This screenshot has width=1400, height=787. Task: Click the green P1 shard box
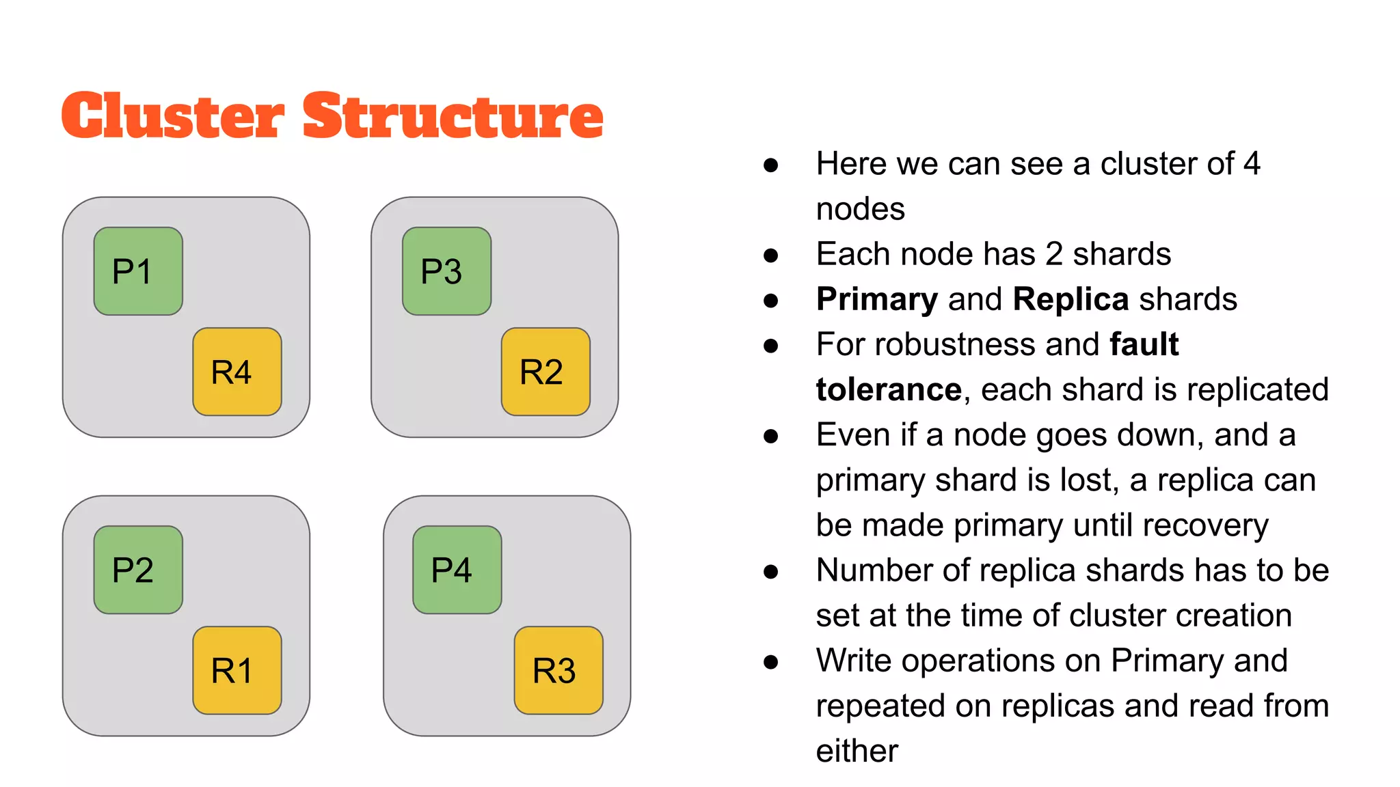(x=138, y=271)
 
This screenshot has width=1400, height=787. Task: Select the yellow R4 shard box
(x=237, y=372)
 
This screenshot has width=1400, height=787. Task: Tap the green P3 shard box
(x=446, y=271)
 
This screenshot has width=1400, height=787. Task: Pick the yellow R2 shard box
(x=546, y=372)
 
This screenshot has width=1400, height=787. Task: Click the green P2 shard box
(x=138, y=570)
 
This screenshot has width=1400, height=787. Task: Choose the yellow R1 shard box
(x=237, y=670)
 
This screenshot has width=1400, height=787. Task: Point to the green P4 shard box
(x=457, y=570)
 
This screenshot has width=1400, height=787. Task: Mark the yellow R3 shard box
(x=558, y=670)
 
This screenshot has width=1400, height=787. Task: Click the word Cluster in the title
(x=172, y=116)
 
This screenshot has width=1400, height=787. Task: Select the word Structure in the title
(x=453, y=116)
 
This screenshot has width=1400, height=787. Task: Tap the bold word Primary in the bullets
(x=877, y=300)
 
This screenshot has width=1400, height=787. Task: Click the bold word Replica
(x=1071, y=300)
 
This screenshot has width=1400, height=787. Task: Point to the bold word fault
(x=1144, y=344)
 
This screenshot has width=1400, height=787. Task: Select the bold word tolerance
(x=889, y=390)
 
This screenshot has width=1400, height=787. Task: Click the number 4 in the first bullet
(x=1252, y=164)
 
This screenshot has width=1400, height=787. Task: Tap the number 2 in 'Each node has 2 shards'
(x=1053, y=254)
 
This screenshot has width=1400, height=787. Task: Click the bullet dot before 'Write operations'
(x=771, y=661)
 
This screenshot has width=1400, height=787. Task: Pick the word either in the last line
(x=857, y=751)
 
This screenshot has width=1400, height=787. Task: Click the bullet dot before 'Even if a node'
(x=771, y=436)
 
